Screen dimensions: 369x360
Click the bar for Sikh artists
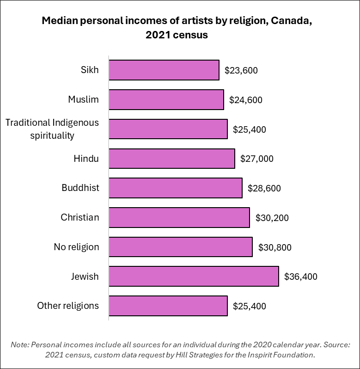[164, 70]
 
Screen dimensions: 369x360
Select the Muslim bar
[166, 99]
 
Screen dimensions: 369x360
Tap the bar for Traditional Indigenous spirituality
[168, 129]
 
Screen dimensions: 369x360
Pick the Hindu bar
[171, 159]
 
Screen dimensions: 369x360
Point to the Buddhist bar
[175, 188]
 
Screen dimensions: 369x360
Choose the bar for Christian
[179, 217]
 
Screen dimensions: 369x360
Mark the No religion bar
[180, 247]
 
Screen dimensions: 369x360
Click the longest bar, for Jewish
[193, 277]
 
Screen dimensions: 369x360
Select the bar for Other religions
[168, 306]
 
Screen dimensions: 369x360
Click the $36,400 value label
[301, 277]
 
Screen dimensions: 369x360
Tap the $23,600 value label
[241, 71]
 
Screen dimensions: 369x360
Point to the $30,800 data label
[275, 247]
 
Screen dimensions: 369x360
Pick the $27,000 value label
[257, 159]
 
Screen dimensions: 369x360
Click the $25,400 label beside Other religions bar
[250, 306]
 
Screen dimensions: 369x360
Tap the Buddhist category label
[80, 188]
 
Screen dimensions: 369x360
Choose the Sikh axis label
[90, 71]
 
